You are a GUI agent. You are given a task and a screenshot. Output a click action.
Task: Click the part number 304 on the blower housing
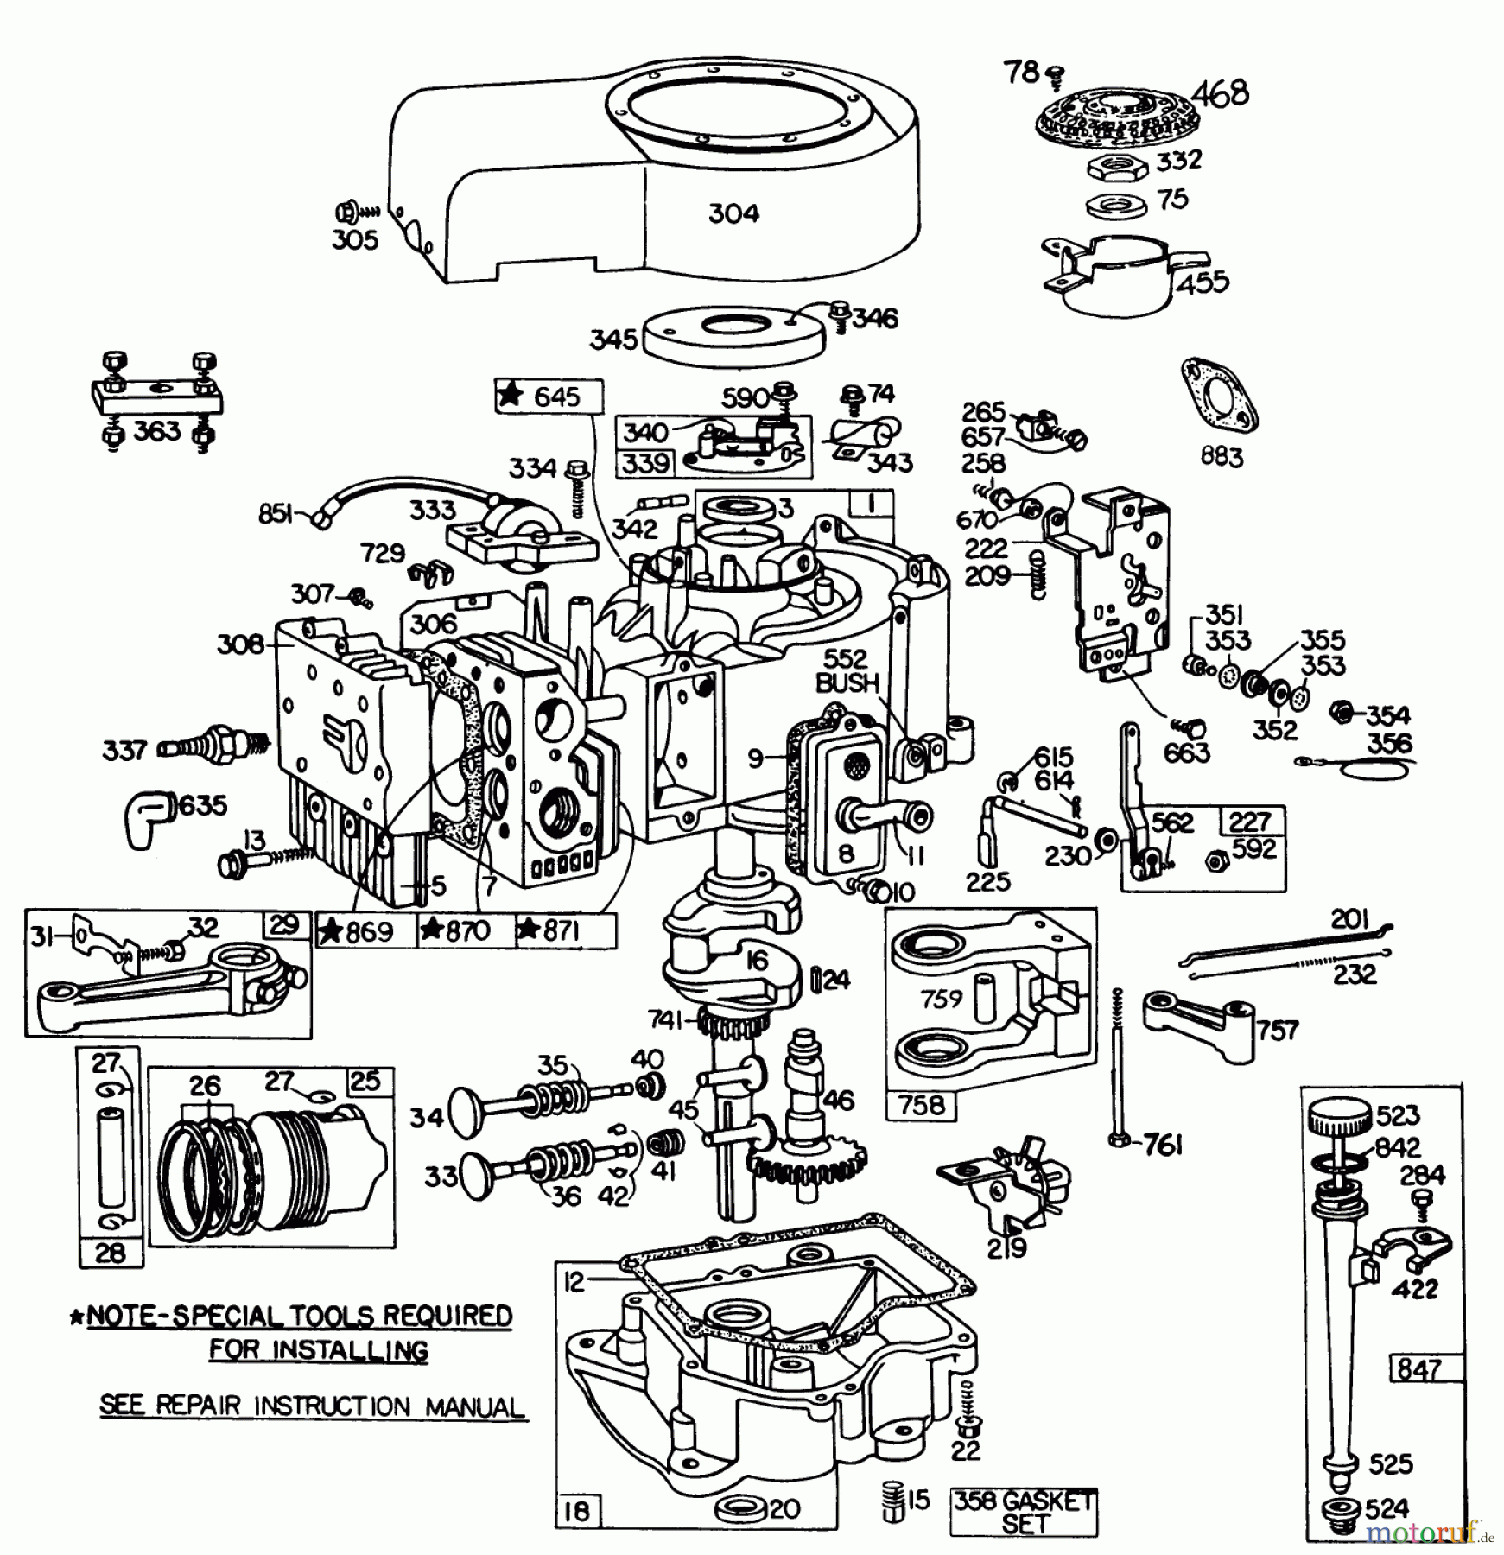point(733,213)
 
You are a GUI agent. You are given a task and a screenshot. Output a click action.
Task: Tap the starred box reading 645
point(549,397)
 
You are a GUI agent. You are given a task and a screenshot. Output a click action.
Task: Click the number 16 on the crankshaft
point(757,961)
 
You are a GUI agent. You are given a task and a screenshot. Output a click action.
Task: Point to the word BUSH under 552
point(847,682)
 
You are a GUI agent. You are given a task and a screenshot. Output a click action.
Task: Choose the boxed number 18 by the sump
point(576,1511)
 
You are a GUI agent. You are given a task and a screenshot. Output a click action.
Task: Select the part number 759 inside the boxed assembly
point(940,999)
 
